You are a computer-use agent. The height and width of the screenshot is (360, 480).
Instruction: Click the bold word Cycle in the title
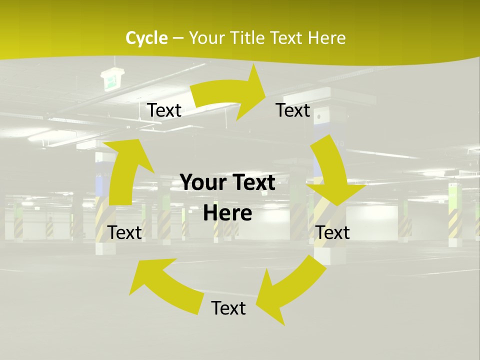[146, 38]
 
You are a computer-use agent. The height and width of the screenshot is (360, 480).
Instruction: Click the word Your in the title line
[205, 38]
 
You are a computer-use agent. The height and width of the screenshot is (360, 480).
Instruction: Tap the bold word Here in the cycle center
[227, 213]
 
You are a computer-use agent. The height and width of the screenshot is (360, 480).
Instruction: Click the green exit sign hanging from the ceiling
[110, 79]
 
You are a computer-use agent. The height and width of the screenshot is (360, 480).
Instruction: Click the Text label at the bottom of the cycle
[228, 308]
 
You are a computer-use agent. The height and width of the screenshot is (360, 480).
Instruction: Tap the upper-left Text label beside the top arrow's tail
[164, 110]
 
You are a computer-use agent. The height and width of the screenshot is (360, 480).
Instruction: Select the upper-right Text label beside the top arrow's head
[293, 110]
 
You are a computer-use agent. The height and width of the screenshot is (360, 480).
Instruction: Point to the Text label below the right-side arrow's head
[332, 232]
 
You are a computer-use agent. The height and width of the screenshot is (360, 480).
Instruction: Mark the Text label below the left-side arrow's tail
[125, 232]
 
